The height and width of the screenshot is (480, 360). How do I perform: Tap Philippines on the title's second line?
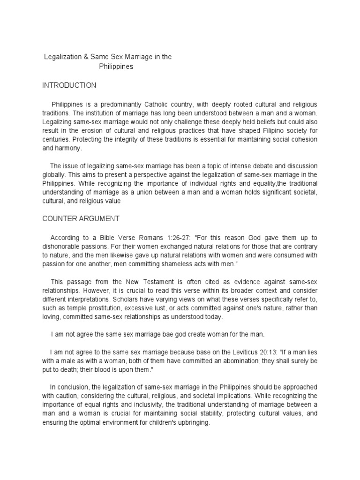(x=116, y=67)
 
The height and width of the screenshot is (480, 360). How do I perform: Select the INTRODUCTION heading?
(x=69, y=85)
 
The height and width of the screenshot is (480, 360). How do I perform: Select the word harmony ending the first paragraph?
(x=68, y=148)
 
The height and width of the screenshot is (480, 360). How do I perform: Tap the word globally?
(x=55, y=175)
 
